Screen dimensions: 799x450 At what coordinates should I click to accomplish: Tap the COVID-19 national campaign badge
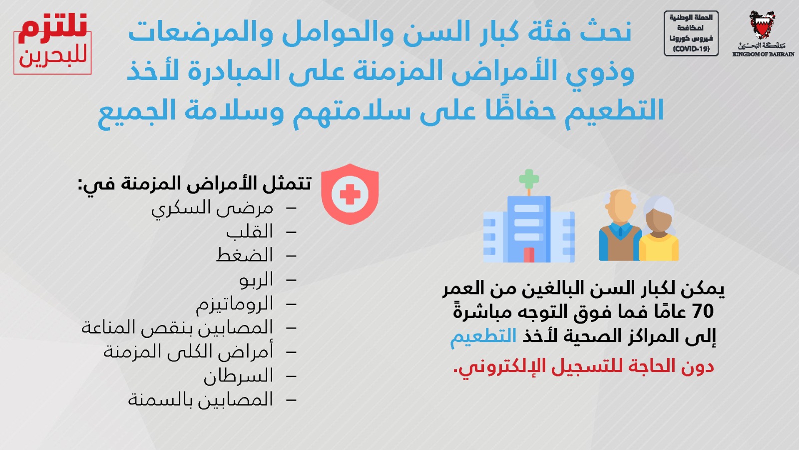691,33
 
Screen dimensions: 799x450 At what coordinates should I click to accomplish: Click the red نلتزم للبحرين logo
52,43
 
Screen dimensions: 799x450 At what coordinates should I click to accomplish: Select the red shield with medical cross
350,194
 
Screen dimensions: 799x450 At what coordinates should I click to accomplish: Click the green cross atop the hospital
529,179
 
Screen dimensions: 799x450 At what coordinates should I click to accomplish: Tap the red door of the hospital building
529,254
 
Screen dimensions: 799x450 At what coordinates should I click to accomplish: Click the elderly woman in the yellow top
659,228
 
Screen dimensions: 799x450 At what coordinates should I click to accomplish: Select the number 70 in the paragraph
703,311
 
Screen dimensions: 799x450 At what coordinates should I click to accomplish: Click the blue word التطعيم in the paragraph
483,336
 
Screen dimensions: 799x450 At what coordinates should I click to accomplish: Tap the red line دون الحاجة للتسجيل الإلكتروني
583,366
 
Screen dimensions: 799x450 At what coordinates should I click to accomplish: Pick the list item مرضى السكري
212,208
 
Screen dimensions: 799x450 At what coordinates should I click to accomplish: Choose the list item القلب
249,232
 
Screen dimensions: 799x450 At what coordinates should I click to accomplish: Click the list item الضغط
245,255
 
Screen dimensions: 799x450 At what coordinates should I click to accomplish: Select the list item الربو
256,279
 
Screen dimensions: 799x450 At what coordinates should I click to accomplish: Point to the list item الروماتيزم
234,304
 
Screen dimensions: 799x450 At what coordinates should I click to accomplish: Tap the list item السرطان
238,375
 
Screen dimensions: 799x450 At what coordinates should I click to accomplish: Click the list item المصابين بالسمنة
200,399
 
